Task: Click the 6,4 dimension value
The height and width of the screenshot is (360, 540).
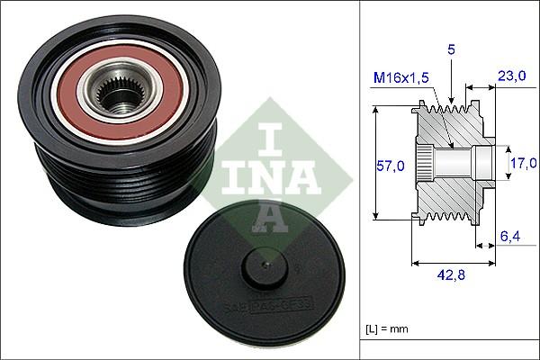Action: (509, 237)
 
